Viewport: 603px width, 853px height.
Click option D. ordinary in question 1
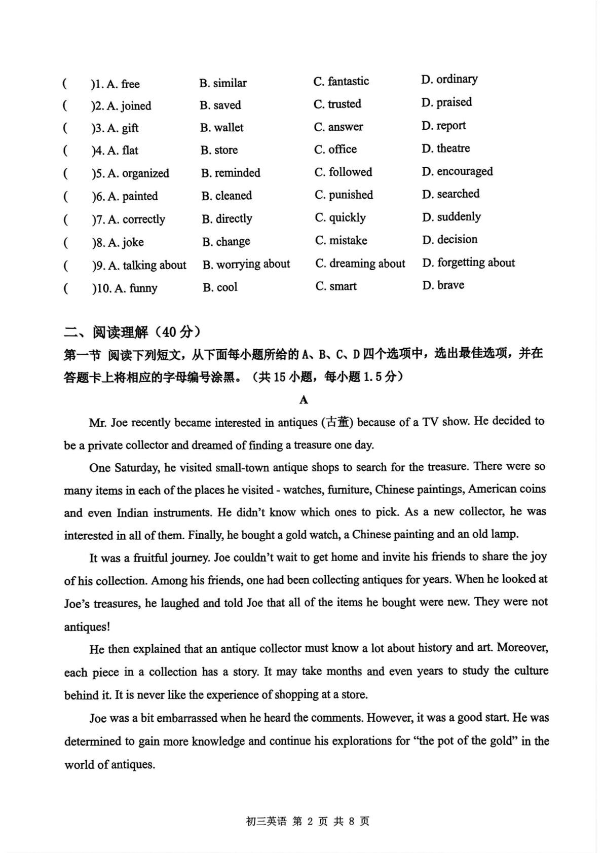pos(449,79)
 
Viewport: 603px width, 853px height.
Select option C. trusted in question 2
pos(337,104)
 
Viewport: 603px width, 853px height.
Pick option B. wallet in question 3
pos(222,128)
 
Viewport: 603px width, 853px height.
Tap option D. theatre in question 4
pos(445,149)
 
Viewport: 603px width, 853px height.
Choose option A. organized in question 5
pos(138,173)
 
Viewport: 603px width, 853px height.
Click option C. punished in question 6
pos(344,195)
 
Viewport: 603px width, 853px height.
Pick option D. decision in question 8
pos(449,239)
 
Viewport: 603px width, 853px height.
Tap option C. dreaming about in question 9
pos(360,264)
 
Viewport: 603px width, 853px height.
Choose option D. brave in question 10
pos(443,285)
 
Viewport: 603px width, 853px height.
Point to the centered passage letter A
pos(304,400)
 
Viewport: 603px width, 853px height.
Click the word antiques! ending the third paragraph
pos(87,627)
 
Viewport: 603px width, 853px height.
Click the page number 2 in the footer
pos(311,822)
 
